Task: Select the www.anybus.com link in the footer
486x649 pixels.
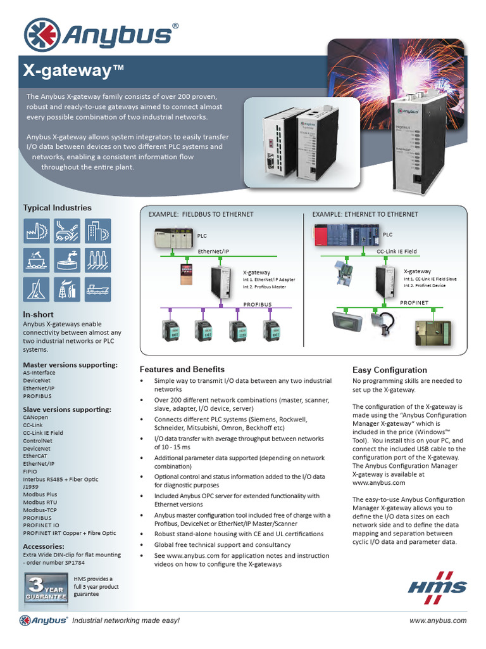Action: tap(438, 620)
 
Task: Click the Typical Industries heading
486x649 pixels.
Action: tap(57, 207)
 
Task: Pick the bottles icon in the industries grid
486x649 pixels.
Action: tap(97, 260)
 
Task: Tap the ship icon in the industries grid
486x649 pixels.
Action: tap(97, 290)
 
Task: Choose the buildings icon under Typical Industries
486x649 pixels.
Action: tap(97, 231)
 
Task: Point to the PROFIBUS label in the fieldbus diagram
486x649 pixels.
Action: tap(258, 304)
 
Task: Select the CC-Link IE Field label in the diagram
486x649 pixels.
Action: tap(397, 252)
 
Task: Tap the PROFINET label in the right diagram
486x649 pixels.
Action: tap(414, 303)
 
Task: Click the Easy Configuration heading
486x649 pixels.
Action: tap(389, 369)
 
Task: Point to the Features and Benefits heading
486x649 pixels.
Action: tap(182, 369)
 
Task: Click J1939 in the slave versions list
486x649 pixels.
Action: tap(32, 487)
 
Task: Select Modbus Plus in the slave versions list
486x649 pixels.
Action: tap(40, 494)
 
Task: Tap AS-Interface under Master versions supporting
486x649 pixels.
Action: tap(39, 373)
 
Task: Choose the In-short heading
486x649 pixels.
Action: tap(38, 314)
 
